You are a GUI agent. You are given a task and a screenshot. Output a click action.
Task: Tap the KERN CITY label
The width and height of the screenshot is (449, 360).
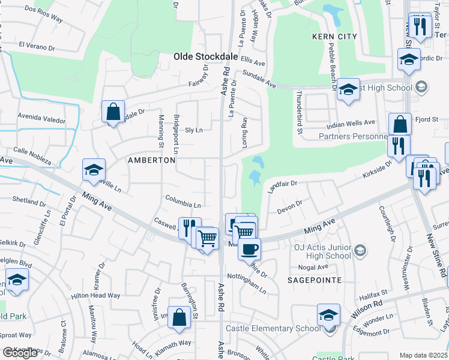[x=334, y=37]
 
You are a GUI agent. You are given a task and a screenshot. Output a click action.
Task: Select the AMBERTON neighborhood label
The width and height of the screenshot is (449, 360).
[x=151, y=160]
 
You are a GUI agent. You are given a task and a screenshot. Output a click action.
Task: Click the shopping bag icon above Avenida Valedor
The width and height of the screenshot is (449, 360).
[x=113, y=111]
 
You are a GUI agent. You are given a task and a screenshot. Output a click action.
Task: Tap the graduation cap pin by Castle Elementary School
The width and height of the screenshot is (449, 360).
[x=328, y=315]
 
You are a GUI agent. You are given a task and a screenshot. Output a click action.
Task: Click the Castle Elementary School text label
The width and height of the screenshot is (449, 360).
[x=273, y=328]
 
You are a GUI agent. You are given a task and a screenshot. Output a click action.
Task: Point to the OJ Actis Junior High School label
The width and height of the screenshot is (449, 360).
[x=322, y=251]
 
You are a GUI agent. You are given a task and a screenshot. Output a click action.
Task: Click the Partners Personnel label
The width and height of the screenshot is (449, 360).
[x=345, y=136]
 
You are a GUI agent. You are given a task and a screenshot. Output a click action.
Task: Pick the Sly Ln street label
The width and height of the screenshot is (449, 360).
[x=194, y=130]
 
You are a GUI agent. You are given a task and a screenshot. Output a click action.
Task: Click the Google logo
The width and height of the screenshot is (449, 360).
[x=20, y=352]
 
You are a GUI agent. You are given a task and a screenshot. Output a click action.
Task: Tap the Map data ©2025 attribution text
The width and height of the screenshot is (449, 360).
[x=423, y=355]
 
